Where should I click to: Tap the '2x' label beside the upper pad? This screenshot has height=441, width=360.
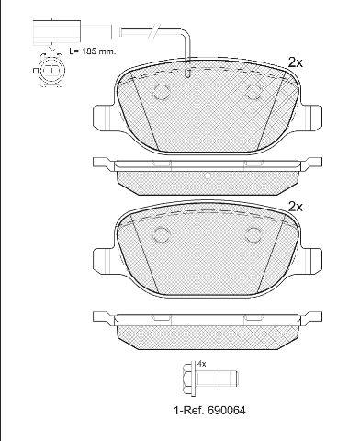point(296,62)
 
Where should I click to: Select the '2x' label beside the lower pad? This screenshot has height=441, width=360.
point(296,207)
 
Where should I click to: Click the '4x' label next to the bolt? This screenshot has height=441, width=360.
point(202,364)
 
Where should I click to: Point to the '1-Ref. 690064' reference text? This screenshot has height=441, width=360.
point(209,410)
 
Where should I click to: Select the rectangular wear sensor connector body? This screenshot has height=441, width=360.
point(56,31)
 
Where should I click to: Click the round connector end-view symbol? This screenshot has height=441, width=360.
point(51,70)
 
